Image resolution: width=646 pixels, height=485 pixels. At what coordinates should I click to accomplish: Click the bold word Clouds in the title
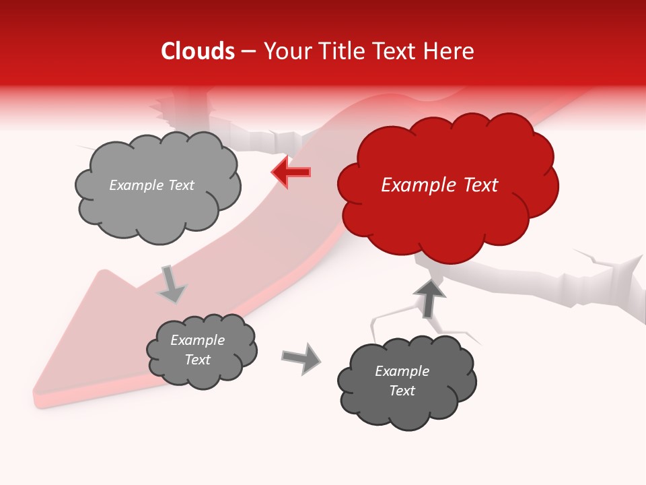tap(198, 51)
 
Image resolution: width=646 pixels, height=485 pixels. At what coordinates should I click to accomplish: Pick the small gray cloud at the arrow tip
tap(201, 350)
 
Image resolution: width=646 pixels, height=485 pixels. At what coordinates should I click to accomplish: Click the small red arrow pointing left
tap(291, 172)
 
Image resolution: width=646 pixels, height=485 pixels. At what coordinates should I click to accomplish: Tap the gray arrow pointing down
tap(172, 284)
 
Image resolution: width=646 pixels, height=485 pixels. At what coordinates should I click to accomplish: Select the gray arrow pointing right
tap(301, 358)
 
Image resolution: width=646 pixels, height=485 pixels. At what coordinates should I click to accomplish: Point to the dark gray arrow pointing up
tap(429, 298)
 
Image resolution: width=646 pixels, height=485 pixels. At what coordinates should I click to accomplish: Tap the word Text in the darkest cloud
tap(402, 391)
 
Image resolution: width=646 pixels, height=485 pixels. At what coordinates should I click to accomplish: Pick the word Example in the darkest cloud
tap(402, 371)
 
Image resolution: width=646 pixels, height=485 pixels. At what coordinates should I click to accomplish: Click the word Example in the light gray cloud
tap(136, 185)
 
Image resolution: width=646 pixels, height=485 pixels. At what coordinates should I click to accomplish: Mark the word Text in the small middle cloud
tap(198, 360)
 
